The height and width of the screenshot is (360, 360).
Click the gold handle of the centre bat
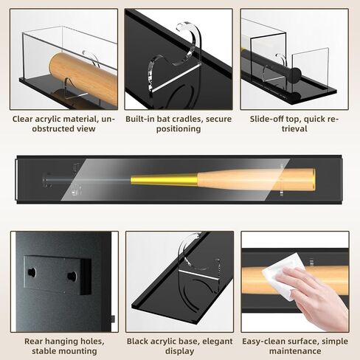pyautogui.click(x=164, y=179)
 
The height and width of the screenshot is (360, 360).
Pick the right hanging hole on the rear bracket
pyautogui.click(x=72, y=276)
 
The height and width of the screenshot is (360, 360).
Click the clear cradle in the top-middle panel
pyautogui.click(x=173, y=59)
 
